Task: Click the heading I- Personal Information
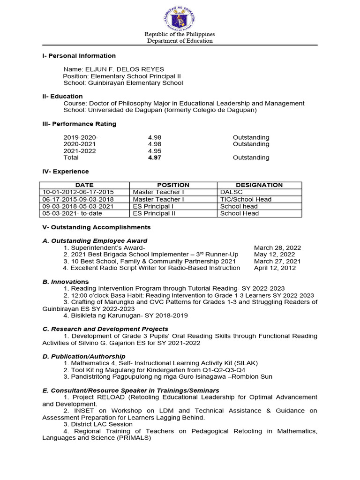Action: pos(79,56)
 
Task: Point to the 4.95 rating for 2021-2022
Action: pos(154,151)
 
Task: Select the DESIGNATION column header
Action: pos(259,185)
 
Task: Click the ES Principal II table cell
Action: pos(153,213)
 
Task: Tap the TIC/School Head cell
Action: pos(246,199)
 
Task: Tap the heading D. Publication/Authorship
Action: pos(84,356)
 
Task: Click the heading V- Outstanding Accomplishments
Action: pos(97,227)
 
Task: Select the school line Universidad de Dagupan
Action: pos(160,110)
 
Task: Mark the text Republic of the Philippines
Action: pos(180,34)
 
